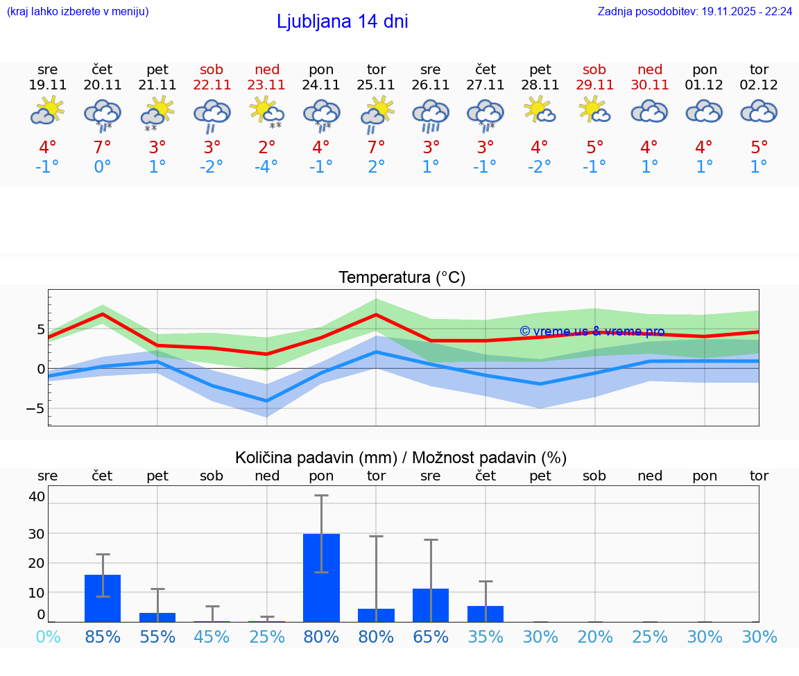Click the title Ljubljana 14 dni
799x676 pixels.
(x=342, y=21)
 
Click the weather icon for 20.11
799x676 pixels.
(x=103, y=114)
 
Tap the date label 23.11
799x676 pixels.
(x=266, y=85)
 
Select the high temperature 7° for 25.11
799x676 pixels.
(x=376, y=147)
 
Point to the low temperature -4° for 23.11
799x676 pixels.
(x=266, y=167)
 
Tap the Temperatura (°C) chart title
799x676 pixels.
(x=402, y=278)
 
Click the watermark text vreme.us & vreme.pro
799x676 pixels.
(x=592, y=331)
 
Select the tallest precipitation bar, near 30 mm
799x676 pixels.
(x=321, y=577)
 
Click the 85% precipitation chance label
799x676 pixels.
(x=103, y=636)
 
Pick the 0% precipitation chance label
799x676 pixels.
(x=48, y=636)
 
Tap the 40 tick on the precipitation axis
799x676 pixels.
(x=37, y=496)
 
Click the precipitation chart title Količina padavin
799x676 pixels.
(x=400, y=458)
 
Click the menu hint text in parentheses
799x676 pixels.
(x=77, y=12)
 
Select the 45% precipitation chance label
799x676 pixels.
(x=212, y=636)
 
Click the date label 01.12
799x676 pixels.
(x=704, y=85)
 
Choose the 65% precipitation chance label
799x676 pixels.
(x=431, y=636)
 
